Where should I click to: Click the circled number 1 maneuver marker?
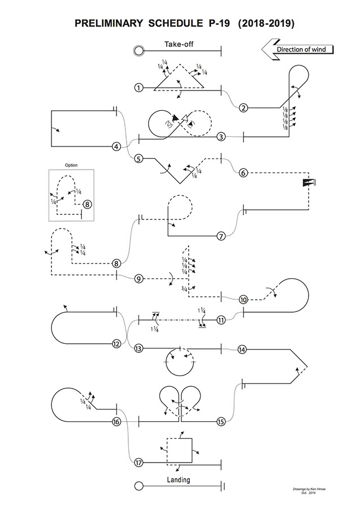[x=138, y=88]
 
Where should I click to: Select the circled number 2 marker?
[x=243, y=108]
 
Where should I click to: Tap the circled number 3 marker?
[x=221, y=137]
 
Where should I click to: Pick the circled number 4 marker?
[x=116, y=146]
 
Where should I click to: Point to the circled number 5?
[x=138, y=159]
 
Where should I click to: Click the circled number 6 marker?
[x=243, y=173]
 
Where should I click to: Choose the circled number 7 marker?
[x=221, y=236]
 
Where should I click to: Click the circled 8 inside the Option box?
[x=87, y=205]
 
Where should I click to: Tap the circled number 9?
[x=138, y=278]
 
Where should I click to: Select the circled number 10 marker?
[x=243, y=300]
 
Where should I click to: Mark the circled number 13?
[x=138, y=348]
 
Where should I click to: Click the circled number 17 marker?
[x=138, y=463]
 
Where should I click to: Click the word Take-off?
[x=179, y=44]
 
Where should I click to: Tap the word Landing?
[x=179, y=480]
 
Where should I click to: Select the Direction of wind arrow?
[x=297, y=49]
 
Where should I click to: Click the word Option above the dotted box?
[x=71, y=165]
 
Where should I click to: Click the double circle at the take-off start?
[x=139, y=51]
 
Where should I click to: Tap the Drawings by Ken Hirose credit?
[x=309, y=489]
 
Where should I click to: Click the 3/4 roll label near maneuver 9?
[x=184, y=289]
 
